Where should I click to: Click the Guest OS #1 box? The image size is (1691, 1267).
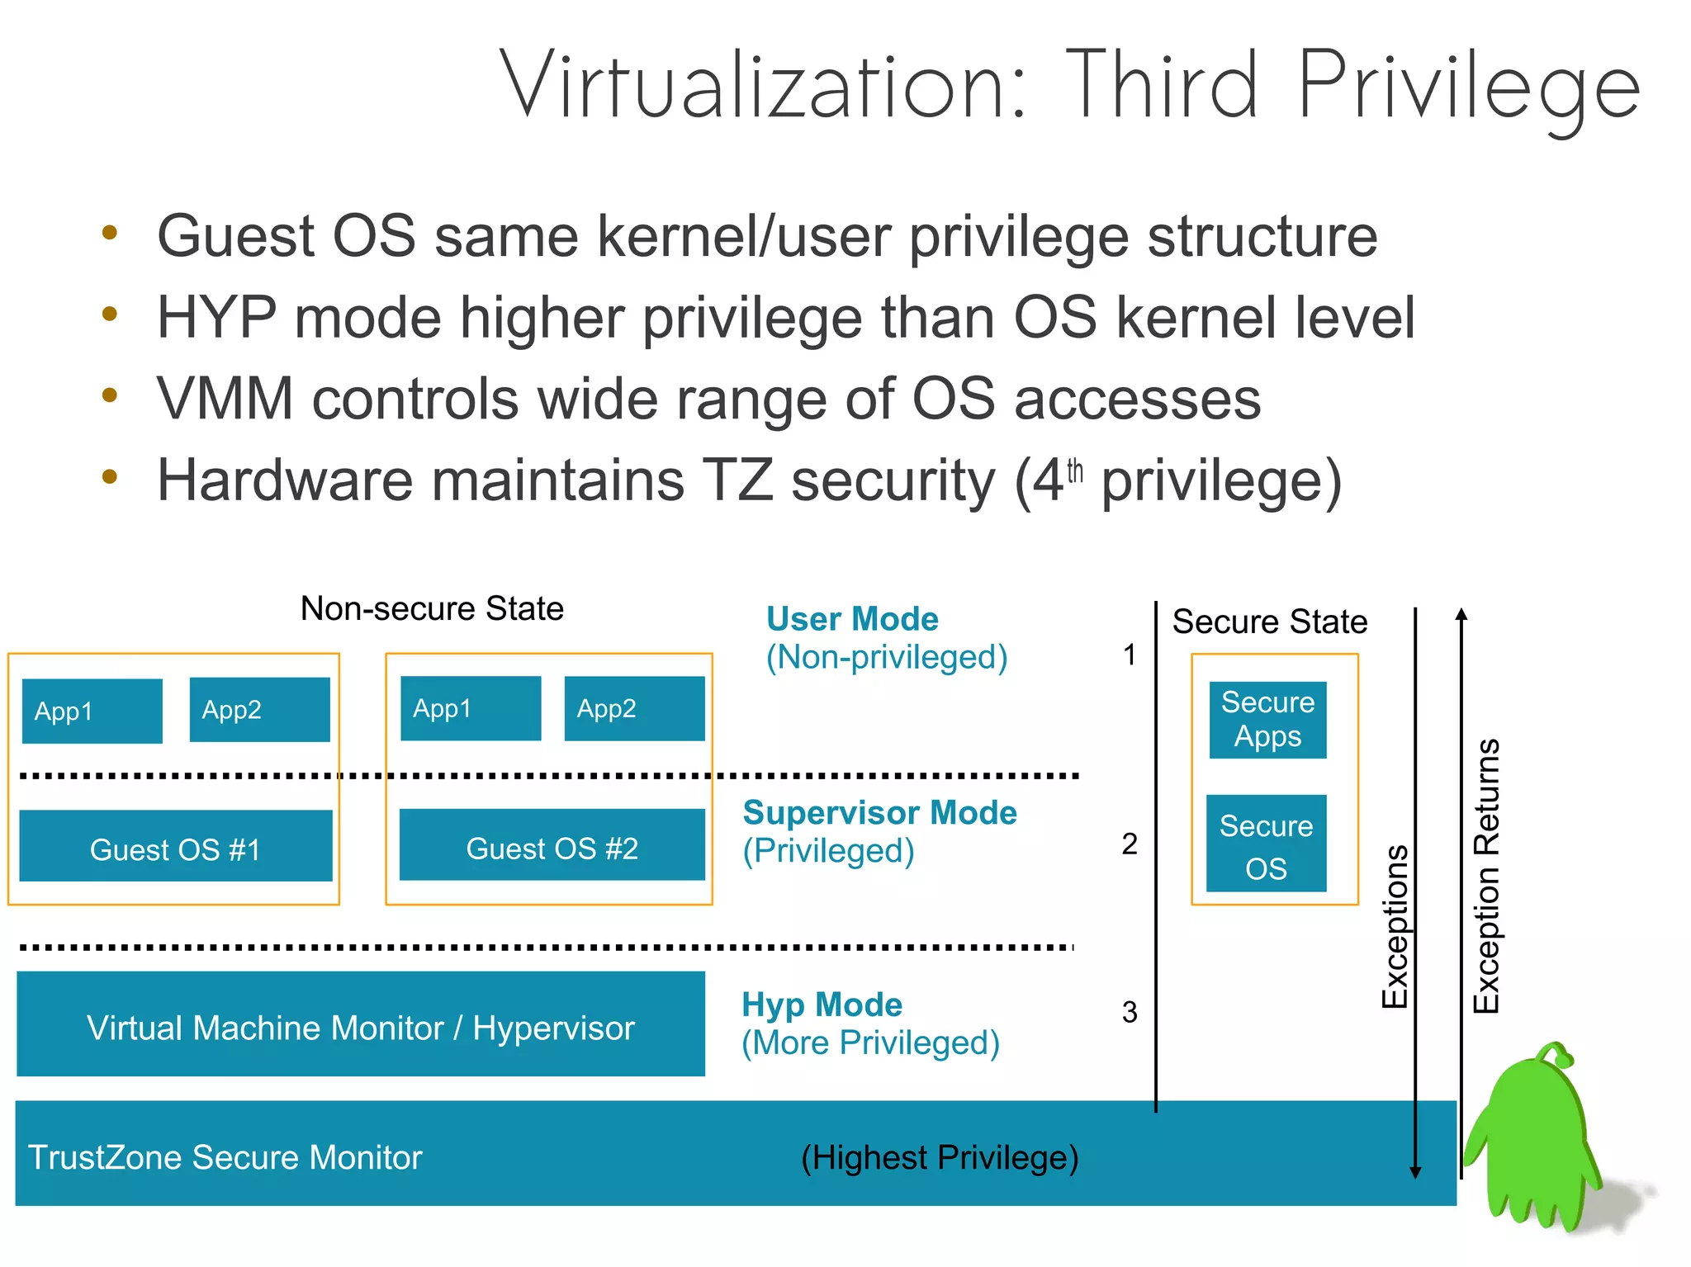click(175, 846)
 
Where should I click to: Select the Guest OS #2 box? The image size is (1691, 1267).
click(552, 845)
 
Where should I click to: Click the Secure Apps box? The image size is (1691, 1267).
click(1267, 720)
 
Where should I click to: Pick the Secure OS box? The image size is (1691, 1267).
click(1266, 844)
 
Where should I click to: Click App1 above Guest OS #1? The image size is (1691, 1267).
click(92, 711)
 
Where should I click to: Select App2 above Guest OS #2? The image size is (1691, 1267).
click(634, 708)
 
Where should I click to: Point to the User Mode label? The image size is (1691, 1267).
click(852, 619)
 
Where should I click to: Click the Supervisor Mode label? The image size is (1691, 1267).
click(879, 813)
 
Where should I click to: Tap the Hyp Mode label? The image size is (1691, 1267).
click(822, 1005)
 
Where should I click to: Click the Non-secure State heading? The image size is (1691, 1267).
click(432, 609)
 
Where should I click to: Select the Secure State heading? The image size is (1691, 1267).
click(1269, 622)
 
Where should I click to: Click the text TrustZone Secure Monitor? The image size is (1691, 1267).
click(225, 1157)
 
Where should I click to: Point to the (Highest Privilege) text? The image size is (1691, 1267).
click(940, 1157)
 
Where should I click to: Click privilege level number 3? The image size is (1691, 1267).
click(1130, 1012)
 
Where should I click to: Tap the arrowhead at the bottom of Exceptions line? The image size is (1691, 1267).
click(1415, 1172)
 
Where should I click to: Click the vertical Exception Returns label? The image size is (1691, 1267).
click(1486, 875)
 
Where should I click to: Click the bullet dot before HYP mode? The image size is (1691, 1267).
click(110, 314)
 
